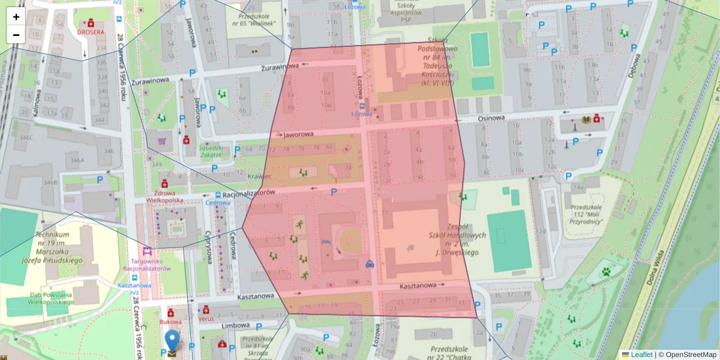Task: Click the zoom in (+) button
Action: tap(16, 17)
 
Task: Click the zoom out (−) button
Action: tap(16, 35)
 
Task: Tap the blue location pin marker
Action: tap(172, 341)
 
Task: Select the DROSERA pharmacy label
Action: tap(90, 32)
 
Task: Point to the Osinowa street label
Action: tap(491, 118)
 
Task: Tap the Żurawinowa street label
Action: tap(280, 67)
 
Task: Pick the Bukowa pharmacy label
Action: tap(170, 322)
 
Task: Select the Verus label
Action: tap(206, 319)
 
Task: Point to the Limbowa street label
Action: tap(235, 325)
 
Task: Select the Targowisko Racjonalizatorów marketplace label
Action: tap(148, 264)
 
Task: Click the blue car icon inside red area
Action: tap(370, 263)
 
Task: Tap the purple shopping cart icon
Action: tap(161, 142)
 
